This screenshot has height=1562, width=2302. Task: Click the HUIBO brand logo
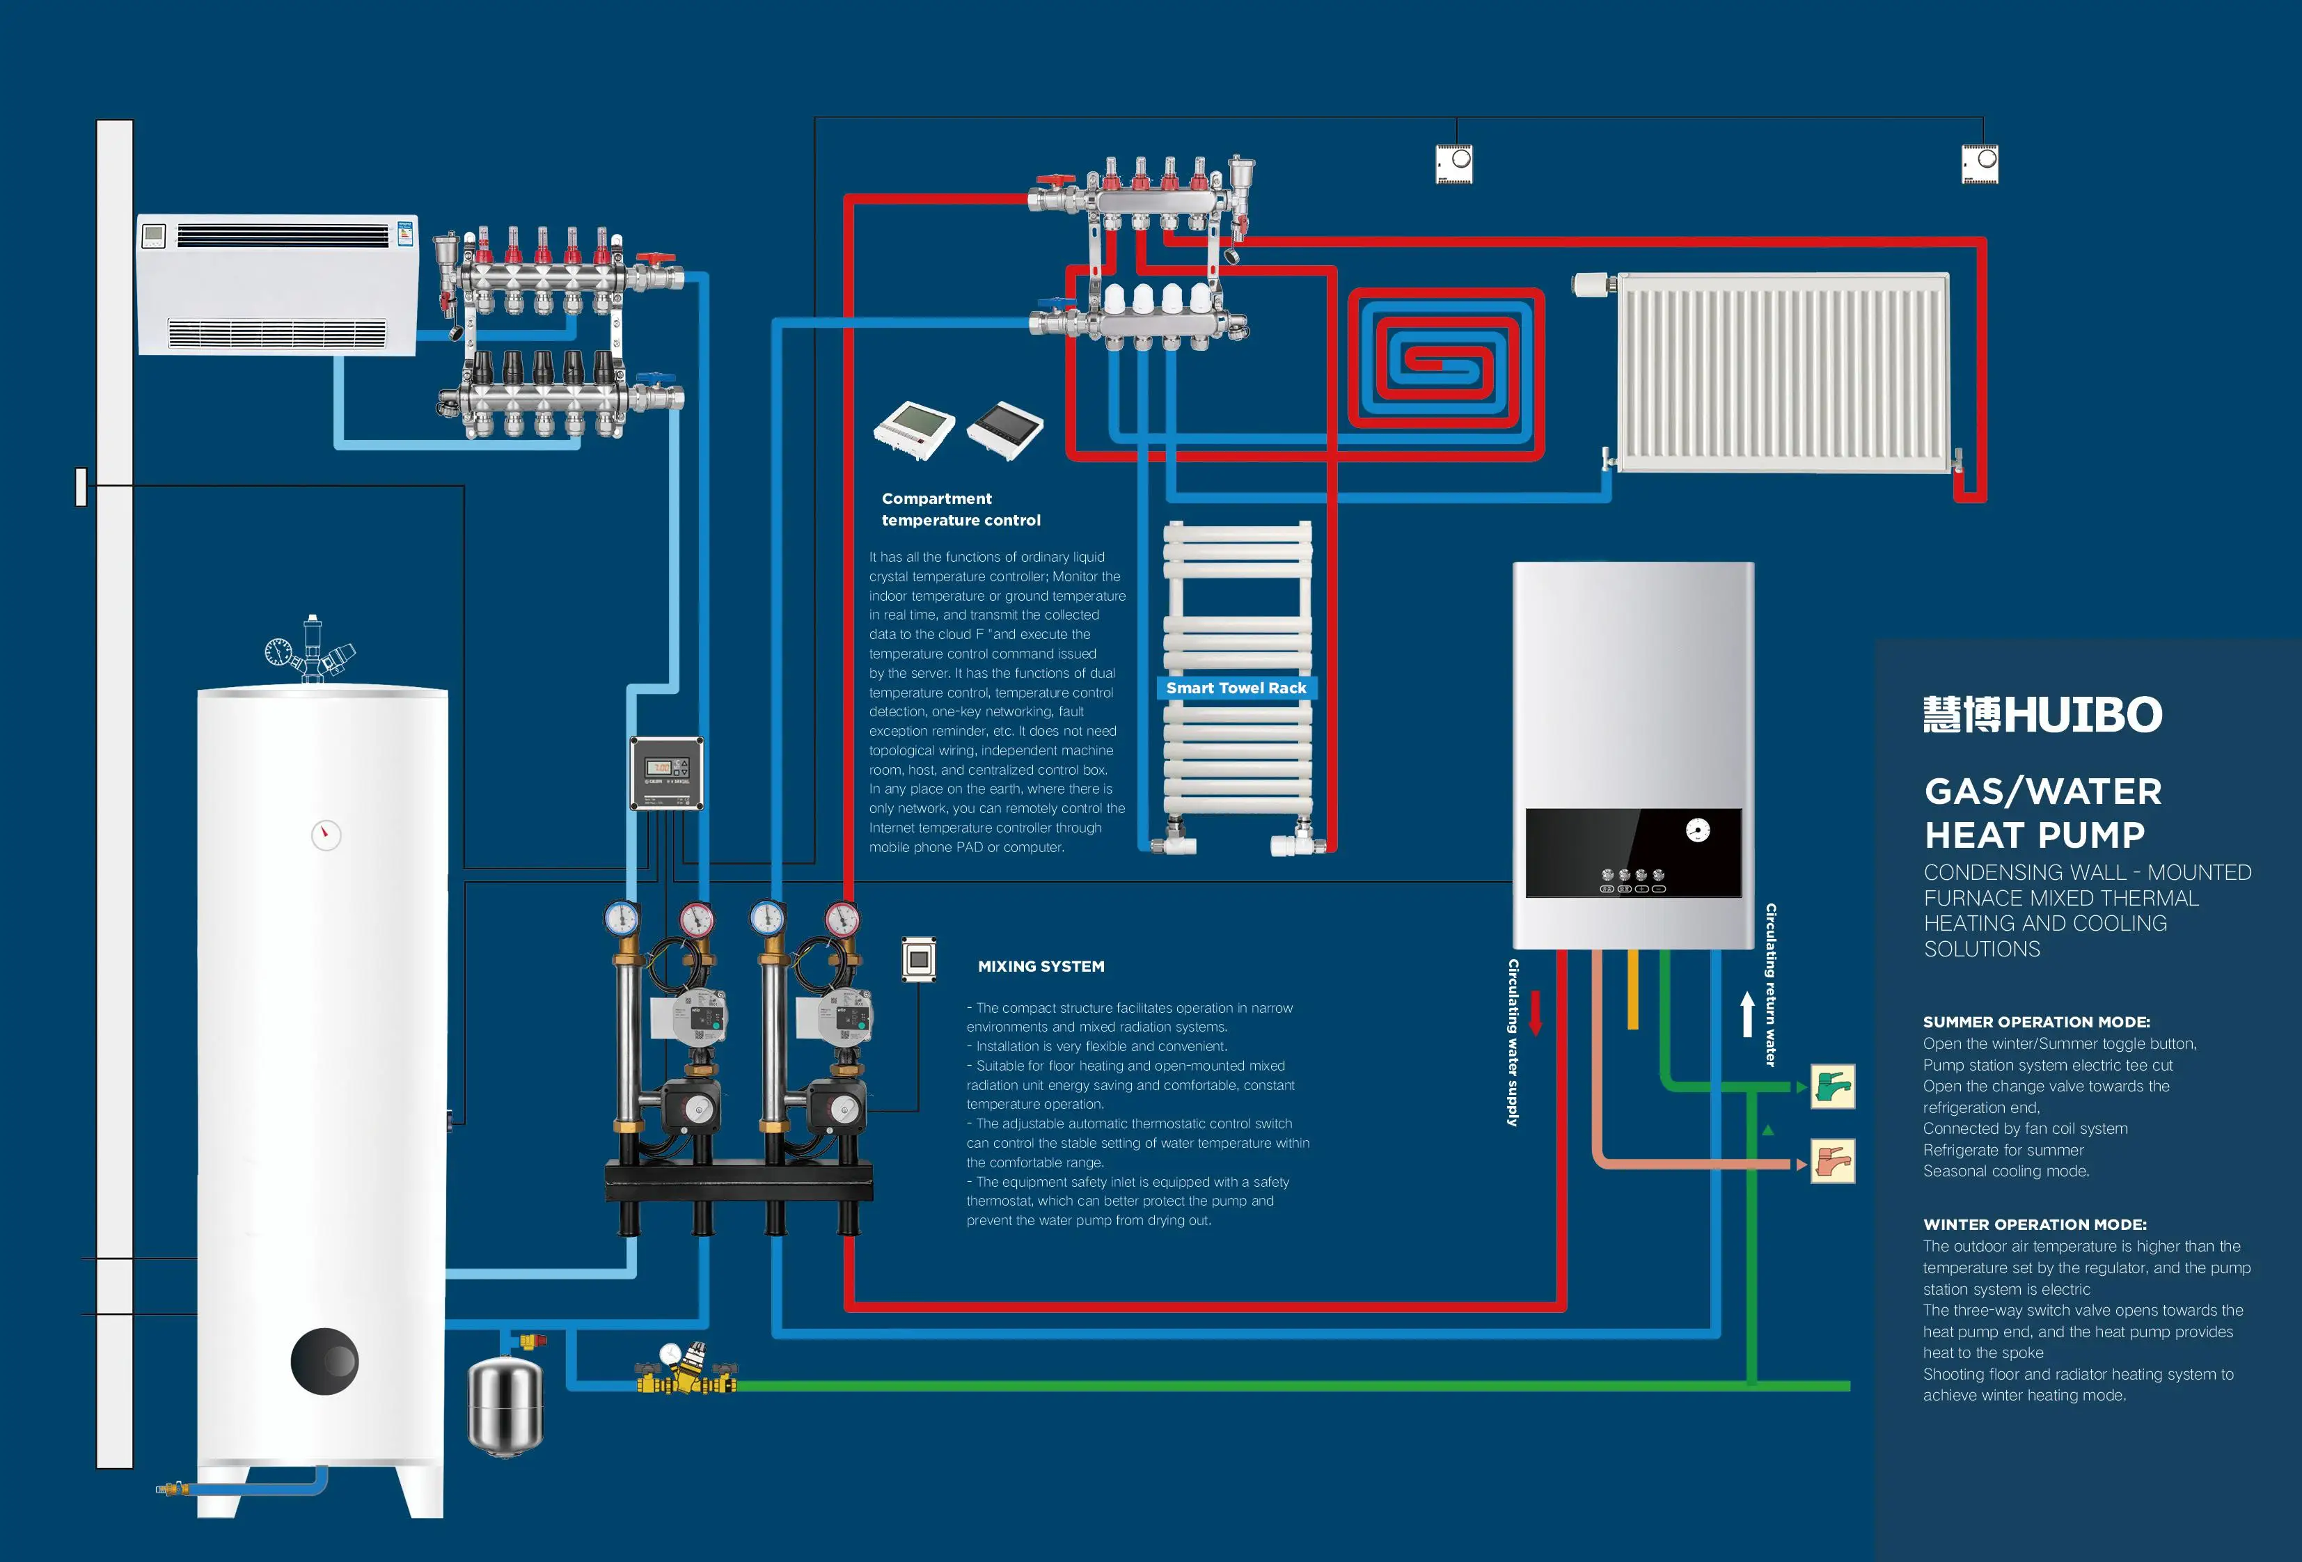(x=2042, y=714)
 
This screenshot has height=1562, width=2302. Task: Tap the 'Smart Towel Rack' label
(x=1236, y=688)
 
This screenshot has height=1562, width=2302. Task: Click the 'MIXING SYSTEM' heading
(x=1041, y=965)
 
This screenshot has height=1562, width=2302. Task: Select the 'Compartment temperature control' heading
(x=961, y=509)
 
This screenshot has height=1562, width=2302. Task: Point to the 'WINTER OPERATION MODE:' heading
(x=2035, y=1224)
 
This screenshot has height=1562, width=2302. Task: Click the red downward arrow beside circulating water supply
(x=1536, y=1012)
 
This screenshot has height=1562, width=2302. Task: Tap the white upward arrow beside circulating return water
(x=1747, y=1016)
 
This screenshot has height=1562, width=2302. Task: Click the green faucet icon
(x=1833, y=1087)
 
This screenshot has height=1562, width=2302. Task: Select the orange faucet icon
(x=1833, y=1162)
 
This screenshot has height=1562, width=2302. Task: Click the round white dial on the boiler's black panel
(x=1698, y=830)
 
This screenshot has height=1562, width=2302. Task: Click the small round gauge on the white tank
(x=326, y=835)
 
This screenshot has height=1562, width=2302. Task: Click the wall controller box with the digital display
(x=667, y=773)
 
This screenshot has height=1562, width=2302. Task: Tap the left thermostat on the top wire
(x=1454, y=164)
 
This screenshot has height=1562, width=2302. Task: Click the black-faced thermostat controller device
(x=1004, y=430)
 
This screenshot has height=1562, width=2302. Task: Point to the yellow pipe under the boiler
(x=1632, y=988)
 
